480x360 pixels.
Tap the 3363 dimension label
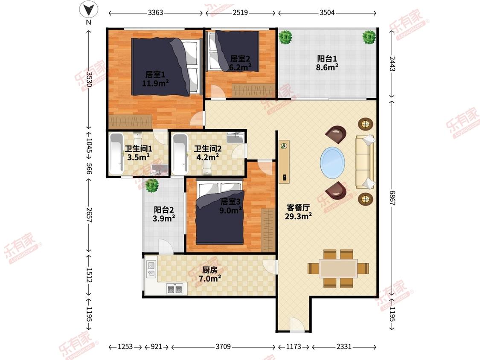pos(155,12)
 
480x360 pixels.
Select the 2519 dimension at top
pos(240,12)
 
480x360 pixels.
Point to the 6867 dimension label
pos(392,198)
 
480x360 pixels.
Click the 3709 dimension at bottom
pos(223,346)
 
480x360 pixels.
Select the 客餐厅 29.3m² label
pos(299,212)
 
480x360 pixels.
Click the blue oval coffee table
pos(332,162)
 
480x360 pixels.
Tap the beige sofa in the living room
pos(365,162)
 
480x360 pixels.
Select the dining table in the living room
pos(338,268)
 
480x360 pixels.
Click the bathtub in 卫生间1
pos(116,154)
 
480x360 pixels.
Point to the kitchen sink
pos(151,269)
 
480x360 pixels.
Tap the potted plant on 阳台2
pos(152,185)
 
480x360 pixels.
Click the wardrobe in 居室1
pos(131,122)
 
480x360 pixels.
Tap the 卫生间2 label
pos(208,153)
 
